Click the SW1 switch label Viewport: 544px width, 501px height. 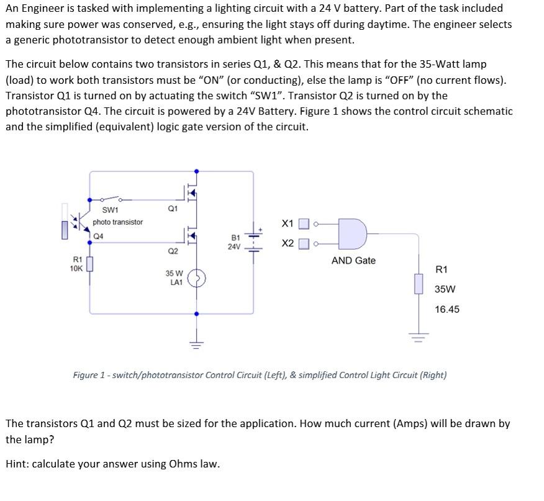pyautogui.click(x=111, y=210)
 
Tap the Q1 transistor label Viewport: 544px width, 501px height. pyautogui.click(x=173, y=209)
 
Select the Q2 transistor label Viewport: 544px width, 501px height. pyautogui.click(x=173, y=251)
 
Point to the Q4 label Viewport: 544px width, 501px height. pyautogui.click(x=99, y=235)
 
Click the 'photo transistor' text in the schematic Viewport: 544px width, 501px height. pyautogui.click(x=118, y=222)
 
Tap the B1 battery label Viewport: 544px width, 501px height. pyautogui.click(x=235, y=238)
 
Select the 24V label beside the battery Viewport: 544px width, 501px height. pyautogui.click(x=234, y=246)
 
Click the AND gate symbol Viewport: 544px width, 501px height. pyautogui.click(x=351, y=232)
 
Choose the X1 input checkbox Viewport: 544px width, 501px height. pyautogui.click(x=304, y=223)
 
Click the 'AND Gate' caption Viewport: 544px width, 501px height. pyautogui.click(x=353, y=261)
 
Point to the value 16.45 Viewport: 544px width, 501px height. pyautogui.click(x=447, y=309)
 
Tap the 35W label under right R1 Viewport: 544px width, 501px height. pyautogui.click(x=445, y=289)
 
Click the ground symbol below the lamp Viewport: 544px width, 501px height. pyautogui.click(x=197, y=342)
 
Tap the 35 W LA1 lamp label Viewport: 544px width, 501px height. pyautogui.click(x=174, y=278)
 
